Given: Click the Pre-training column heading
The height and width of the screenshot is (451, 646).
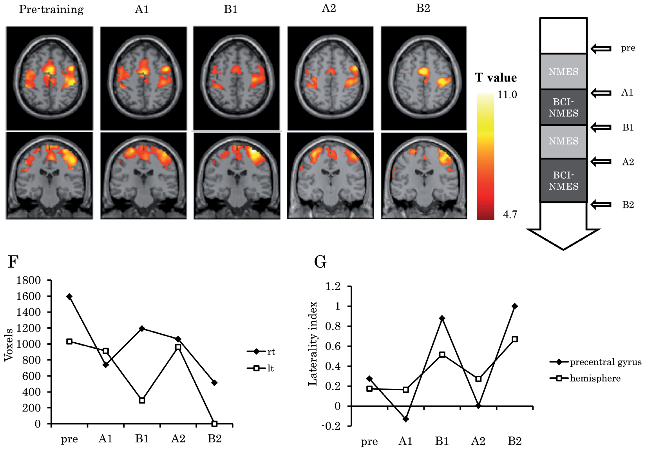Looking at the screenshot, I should pyautogui.click(x=51, y=9).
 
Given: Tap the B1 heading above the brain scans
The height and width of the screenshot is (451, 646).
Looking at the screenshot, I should pyautogui.click(x=231, y=9).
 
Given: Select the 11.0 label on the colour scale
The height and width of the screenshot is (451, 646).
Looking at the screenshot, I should pyautogui.click(x=507, y=95).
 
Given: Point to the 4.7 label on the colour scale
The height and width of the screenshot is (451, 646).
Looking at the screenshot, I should pyautogui.click(x=510, y=215).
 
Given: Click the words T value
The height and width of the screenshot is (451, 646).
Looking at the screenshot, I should pyautogui.click(x=496, y=78).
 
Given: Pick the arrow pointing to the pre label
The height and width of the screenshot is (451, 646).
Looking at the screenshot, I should pyautogui.click(x=601, y=49).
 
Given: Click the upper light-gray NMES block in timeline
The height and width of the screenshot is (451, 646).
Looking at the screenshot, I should pyautogui.click(x=563, y=72).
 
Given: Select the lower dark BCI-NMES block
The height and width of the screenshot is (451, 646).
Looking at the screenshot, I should pyautogui.click(x=563, y=181).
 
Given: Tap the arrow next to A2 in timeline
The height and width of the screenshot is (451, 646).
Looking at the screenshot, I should pyautogui.click(x=601, y=161).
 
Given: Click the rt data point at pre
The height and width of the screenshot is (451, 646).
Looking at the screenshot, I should pyautogui.click(x=70, y=297).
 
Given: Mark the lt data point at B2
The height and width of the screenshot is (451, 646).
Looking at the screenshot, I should pyautogui.click(x=214, y=424).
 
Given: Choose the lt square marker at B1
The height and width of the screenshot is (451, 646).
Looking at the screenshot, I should pyautogui.click(x=142, y=400).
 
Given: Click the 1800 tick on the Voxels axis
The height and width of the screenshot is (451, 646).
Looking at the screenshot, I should pyautogui.click(x=29, y=280).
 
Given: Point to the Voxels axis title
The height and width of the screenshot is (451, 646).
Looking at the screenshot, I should pyautogui.click(x=9, y=345).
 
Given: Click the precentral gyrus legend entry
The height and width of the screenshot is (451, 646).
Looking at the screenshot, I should pyautogui.click(x=595, y=362).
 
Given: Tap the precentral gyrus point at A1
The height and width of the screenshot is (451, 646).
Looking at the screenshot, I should pyautogui.click(x=405, y=419).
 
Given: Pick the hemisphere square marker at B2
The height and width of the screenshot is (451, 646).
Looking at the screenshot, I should pyautogui.click(x=515, y=339).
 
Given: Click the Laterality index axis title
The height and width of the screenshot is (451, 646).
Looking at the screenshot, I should pyautogui.click(x=313, y=344).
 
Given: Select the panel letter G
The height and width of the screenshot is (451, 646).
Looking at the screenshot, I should pyautogui.click(x=320, y=262).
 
